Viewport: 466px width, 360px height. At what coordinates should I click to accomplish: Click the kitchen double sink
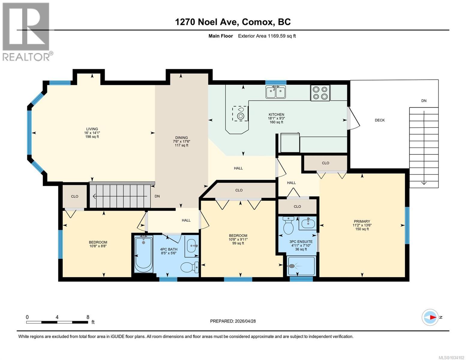coord(275,92)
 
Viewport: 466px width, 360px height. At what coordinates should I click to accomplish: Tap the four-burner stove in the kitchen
coord(320,93)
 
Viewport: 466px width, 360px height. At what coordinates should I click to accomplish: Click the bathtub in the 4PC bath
coord(143,254)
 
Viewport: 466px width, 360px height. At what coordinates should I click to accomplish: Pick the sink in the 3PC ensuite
coord(308,223)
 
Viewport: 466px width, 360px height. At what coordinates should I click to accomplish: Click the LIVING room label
coord(92,129)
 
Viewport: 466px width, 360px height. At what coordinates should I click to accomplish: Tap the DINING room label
coord(182,138)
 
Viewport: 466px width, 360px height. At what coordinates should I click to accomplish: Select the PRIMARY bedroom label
coord(362,221)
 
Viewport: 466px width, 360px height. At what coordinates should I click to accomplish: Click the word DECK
coord(380,120)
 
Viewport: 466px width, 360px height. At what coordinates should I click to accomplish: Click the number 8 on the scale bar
coord(88,317)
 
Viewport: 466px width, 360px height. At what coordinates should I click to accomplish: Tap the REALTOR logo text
coord(26,57)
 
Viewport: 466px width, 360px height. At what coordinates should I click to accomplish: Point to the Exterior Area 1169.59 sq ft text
coord(267,36)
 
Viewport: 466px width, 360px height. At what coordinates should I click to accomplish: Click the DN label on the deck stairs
coord(424,101)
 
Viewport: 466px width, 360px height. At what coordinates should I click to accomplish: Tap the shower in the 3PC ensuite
coord(301,266)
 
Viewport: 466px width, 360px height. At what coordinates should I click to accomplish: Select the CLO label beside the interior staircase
coord(75,196)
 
